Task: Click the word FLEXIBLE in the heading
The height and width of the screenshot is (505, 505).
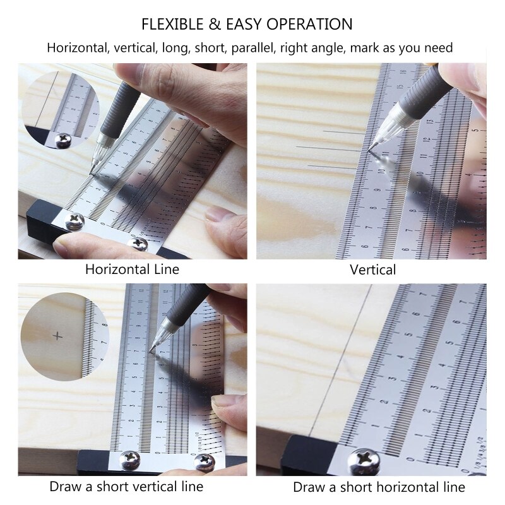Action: point(170,25)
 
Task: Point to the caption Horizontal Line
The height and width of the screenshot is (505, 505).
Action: point(133,270)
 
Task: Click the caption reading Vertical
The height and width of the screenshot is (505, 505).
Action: point(373,270)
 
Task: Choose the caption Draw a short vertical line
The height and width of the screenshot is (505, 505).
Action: point(126,487)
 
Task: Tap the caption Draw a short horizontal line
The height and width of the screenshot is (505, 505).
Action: point(379,487)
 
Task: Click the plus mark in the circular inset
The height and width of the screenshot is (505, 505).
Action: point(59,336)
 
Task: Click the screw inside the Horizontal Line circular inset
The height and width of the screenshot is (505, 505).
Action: point(63,140)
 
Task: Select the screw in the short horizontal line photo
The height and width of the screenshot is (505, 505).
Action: point(366,460)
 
